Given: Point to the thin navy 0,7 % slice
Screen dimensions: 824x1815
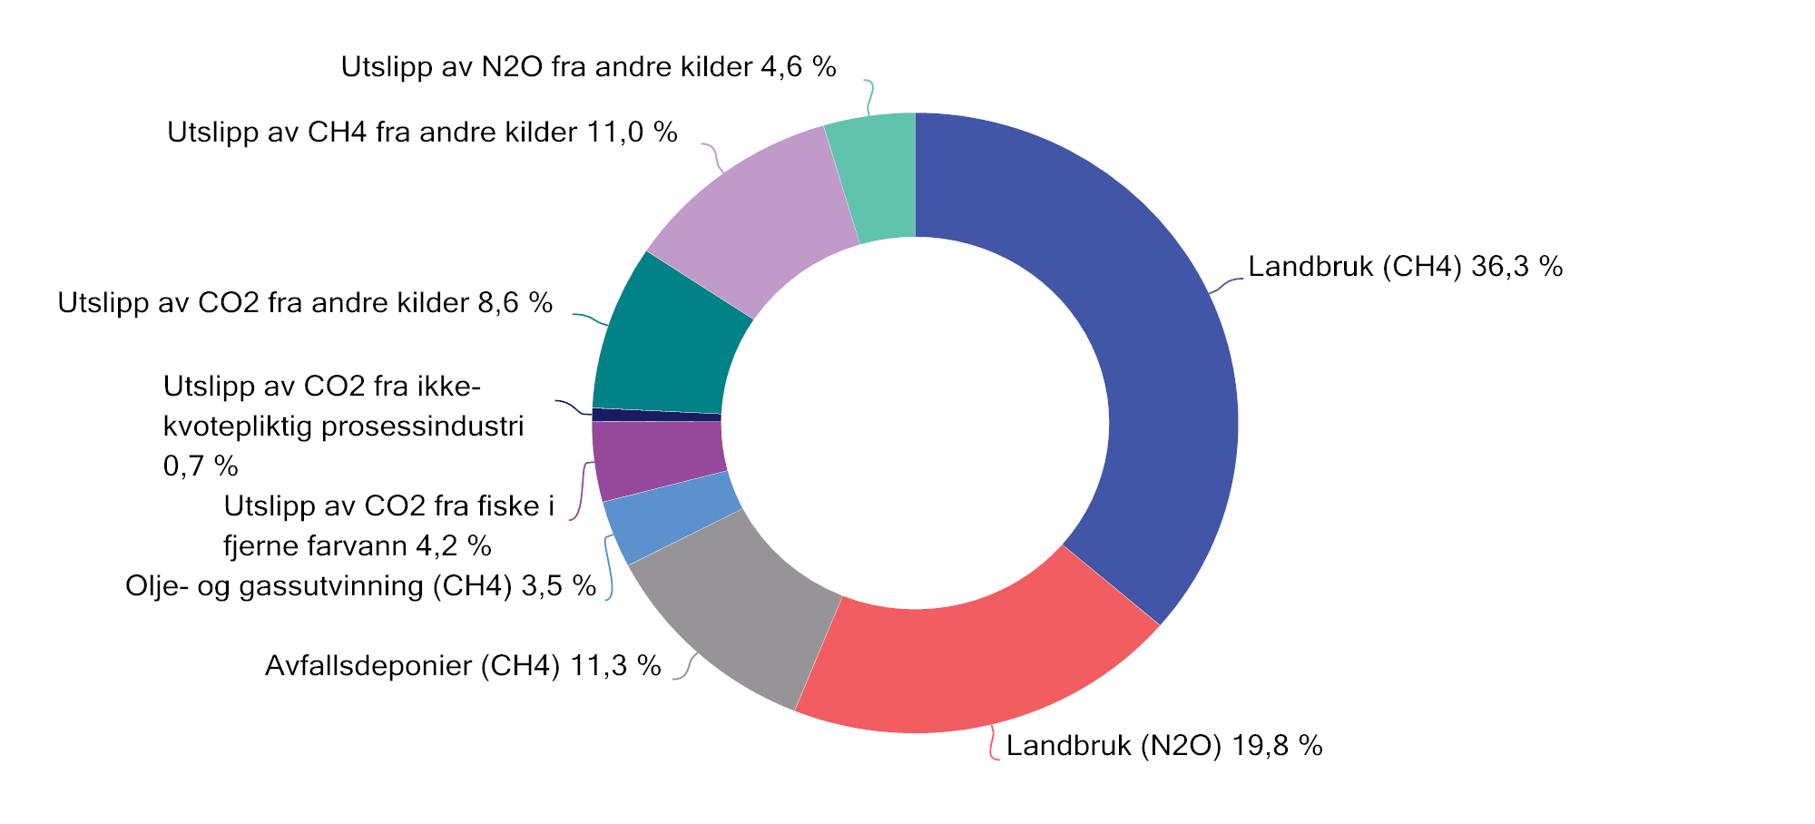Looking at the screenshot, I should [x=655, y=415].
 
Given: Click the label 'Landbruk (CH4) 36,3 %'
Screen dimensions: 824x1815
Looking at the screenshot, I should [x=1405, y=267].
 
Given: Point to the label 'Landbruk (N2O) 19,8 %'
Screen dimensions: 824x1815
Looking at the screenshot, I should [x=1163, y=746].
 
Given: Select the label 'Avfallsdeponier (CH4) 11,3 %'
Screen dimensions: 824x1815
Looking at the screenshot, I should [x=463, y=666].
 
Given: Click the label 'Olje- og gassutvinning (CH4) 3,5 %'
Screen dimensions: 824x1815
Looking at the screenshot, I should [x=360, y=586].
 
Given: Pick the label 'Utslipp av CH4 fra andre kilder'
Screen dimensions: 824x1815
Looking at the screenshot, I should [x=372, y=132].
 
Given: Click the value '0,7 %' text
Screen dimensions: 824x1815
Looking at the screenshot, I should [x=201, y=466].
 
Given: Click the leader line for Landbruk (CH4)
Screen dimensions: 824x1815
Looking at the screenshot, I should [x=1226, y=284].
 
